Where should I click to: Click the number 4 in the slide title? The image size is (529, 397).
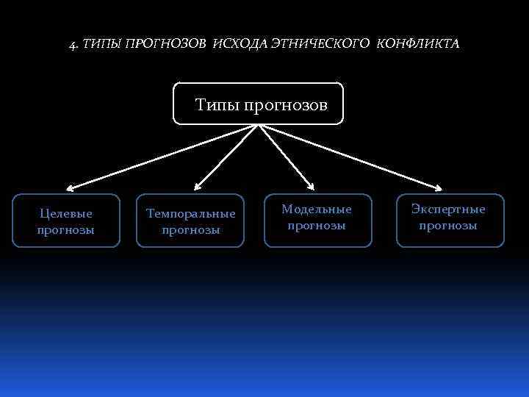pos(73,44)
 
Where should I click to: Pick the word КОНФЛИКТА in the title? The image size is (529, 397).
pos(418,44)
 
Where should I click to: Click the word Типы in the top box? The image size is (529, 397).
pos(215,105)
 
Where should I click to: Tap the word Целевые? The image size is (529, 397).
pos(66,213)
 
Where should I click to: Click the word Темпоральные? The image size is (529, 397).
pos(191,214)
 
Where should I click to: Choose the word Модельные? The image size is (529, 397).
pos(317,210)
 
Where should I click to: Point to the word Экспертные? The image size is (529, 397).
pos(448,210)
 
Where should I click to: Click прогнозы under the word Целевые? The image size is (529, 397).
pos(66,229)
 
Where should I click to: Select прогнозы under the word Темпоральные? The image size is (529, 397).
pos(191,230)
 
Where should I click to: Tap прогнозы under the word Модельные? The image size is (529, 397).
pos(317,226)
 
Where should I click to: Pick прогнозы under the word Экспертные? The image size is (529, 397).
pos(448,226)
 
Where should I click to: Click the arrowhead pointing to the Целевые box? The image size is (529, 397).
pos(67,189)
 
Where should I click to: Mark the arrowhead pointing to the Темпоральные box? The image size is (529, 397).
pos(196,187)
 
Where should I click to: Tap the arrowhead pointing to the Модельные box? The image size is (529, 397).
pos(312,186)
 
